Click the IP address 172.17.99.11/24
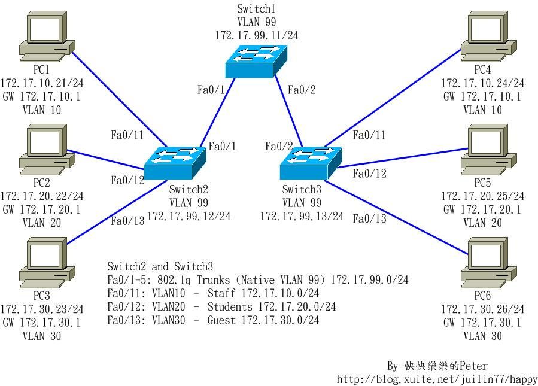click(257, 36)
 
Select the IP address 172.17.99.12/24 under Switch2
click(189, 216)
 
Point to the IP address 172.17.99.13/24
click(302, 216)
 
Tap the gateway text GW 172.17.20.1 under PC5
click(482, 210)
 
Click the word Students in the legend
click(230, 307)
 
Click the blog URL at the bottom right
click(437, 378)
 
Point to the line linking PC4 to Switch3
click(395, 98)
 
